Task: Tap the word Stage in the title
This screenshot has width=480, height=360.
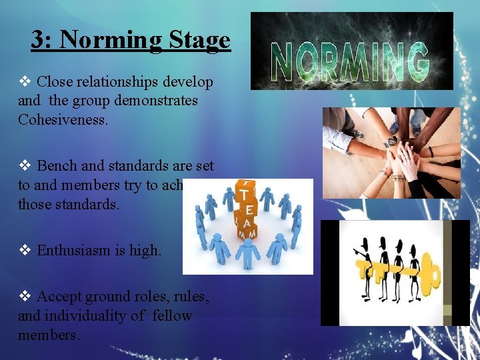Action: (x=199, y=41)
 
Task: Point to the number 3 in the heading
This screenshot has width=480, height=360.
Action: (x=39, y=41)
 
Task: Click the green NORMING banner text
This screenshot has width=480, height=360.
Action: (x=351, y=61)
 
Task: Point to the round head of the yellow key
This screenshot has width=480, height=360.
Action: (x=429, y=273)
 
